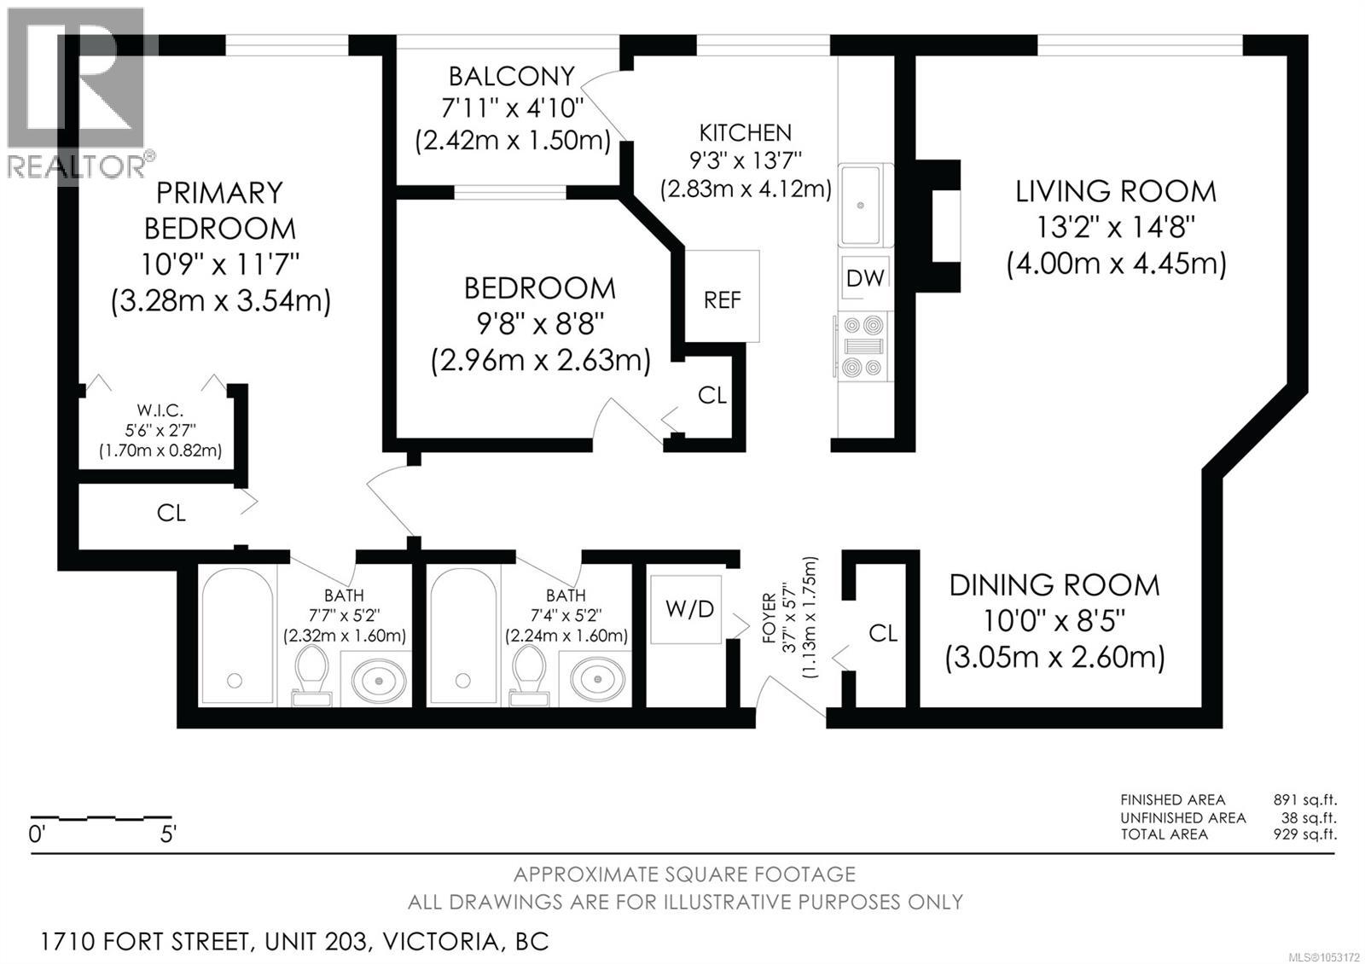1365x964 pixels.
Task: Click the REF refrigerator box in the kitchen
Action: click(722, 296)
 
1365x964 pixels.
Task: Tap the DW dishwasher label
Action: click(865, 278)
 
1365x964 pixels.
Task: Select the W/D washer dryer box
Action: click(686, 609)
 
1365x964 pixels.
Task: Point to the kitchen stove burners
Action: click(863, 346)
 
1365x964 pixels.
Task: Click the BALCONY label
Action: click(512, 77)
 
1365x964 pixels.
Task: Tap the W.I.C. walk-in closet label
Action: click(160, 410)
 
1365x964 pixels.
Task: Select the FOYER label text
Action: click(770, 618)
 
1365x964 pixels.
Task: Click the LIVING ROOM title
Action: click(1116, 192)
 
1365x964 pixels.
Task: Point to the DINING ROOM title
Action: click(1054, 585)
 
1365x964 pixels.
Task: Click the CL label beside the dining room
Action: click(883, 634)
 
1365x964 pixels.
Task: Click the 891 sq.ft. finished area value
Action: click(1304, 799)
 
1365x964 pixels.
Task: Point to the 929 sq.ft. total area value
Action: click(1304, 833)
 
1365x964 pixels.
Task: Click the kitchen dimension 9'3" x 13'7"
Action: click(746, 161)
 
